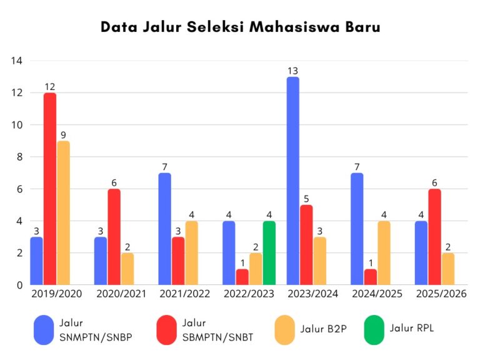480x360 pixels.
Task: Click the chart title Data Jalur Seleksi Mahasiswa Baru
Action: (x=240, y=27)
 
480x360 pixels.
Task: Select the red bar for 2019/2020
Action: (x=50, y=189)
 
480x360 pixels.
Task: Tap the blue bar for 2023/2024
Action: (x=292, y=181)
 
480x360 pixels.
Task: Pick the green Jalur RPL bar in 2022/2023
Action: (x=269, y=253)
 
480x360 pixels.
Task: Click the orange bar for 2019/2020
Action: (x=63, y=212)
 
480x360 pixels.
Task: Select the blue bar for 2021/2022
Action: (x=164, y=229)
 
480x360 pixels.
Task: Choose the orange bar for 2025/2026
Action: (x=447, y=269)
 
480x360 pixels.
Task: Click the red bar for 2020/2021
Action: (x=114, y=237)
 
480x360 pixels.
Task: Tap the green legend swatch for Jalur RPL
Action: (x=372, y=329)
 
